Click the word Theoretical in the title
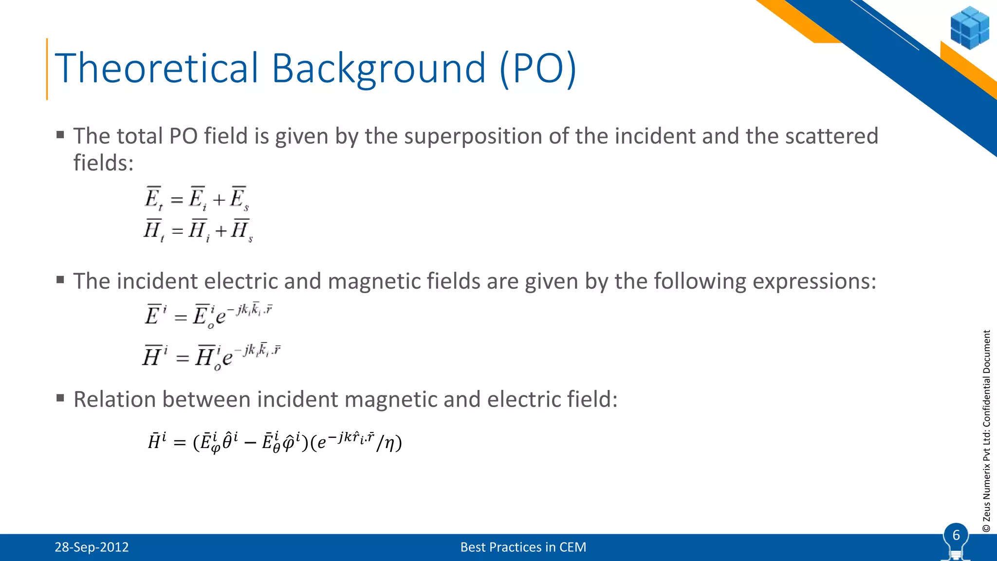click(x=156, y=68)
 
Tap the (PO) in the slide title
click(x=538, y=69)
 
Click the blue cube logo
click(x=969, y=28)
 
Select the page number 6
click(x=956, y=535)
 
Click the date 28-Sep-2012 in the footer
click(x=92, y=547)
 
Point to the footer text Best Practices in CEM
click(x=523, y=547)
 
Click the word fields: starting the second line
click(x=103, y=163)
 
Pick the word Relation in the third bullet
click(x=114, y=399)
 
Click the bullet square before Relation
click(x=60, y=398)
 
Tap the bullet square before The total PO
click(x=60, y=135)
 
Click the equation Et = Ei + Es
click(x=197, y=199)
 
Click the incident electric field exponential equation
click(x=208, y=315)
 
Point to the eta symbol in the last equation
click(x=389, y=443)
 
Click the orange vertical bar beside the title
click(x=47, y=69)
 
